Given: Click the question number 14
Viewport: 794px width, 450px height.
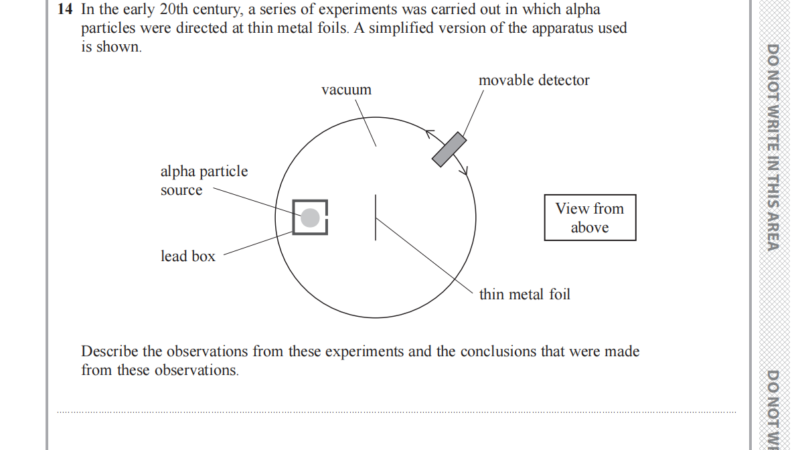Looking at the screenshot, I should pyautogui.click(x=66, y=10).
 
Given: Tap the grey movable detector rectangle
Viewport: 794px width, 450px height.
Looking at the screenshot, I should pyautogui.click(x=449, y=149).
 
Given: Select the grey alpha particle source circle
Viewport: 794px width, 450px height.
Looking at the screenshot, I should pyautogui.click(x=310, y=218).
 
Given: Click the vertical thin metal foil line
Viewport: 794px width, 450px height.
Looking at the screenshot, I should pyautogui.click(x=376, y=217).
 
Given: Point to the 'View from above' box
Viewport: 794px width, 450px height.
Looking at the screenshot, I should pyautogui.click(x=590, y=218).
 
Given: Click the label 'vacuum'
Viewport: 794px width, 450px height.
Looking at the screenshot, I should pyautogui.click(x=346, y=90).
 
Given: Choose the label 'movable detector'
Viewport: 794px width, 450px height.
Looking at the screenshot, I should pyautogui.click(x=534, y=80).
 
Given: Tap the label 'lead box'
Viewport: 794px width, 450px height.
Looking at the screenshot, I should pyautogui.click(x=188, y=256).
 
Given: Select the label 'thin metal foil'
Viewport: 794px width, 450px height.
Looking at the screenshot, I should pyautogui.click(x=524, y=294).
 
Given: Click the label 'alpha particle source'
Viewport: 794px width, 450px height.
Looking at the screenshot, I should pyautogui.click(x=204, y=181).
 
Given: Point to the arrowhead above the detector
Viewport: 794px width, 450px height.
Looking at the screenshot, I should pyautogui.click(x=429, y=133).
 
